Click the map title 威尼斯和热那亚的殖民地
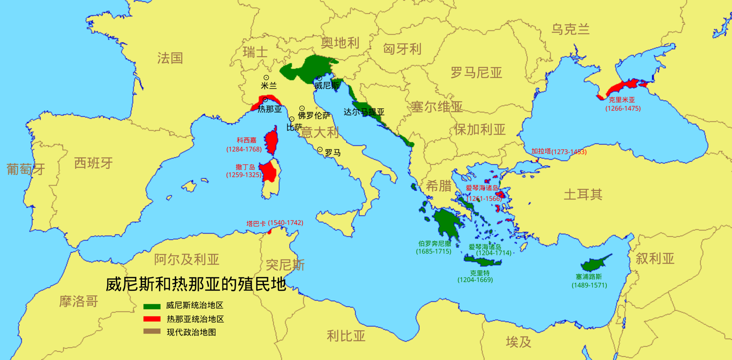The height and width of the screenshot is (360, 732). point(196,284)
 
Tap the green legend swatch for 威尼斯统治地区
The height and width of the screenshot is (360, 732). point(152,306)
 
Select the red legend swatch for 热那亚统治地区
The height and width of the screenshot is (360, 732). point(152,319)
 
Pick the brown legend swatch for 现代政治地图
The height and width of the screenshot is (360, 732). point(152,332)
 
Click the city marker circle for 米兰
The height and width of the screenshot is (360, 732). point(266,78)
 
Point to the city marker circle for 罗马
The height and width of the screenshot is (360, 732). point(320,150)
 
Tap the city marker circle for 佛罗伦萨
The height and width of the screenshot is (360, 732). point(302,108)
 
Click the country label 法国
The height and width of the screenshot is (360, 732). point(170,58)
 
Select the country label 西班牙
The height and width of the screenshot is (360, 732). point(93,163)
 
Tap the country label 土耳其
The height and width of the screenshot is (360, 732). point(583,194)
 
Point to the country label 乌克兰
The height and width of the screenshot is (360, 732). point(570,29)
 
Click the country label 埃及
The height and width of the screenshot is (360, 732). point(518,342)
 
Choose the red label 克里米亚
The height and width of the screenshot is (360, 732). point(621,100)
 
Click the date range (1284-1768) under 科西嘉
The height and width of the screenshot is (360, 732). point(244,149)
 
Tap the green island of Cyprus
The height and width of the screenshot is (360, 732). point(595,264)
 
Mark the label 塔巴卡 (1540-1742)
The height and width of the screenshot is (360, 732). point(275,223)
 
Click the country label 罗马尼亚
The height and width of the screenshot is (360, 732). point(476,73)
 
